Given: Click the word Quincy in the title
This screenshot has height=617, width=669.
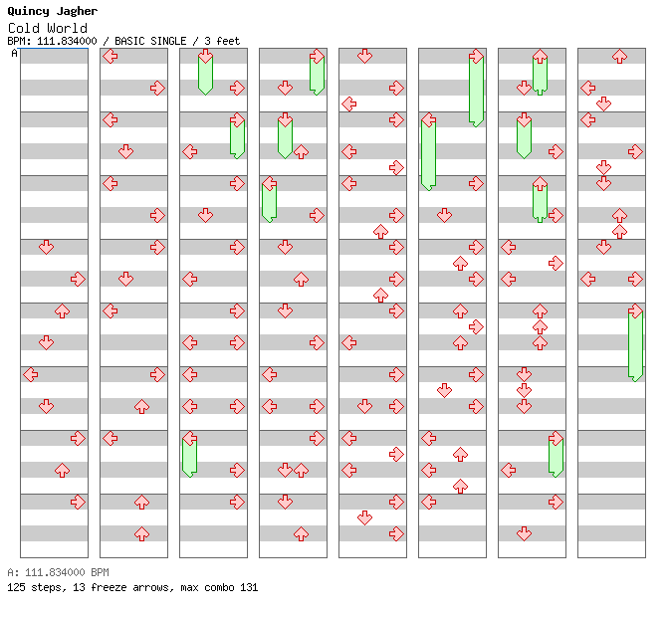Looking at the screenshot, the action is coord(28,11).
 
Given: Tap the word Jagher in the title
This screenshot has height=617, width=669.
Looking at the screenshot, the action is coord(77,11).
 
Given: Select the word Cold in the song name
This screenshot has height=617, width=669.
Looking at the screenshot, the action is coord(24,28).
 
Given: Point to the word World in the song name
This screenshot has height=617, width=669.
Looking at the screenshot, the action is coord(68,28).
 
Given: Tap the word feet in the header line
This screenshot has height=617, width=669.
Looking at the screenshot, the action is coord(228,41).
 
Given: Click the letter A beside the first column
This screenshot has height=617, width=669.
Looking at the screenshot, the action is coord(15,54).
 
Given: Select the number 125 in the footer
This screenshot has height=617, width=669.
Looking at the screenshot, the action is coord(16,587).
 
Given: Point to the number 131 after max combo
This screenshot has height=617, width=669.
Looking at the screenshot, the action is coord(249,587).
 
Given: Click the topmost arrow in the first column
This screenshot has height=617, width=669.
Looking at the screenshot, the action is coord(46,247).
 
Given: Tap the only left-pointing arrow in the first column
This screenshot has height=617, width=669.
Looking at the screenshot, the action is coord(30,375).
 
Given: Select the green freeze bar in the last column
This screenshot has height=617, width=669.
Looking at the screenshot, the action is coord(635,345).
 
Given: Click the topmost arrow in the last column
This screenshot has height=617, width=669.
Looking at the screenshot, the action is coord(619,56).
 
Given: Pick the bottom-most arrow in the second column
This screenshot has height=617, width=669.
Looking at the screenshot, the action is coord(141,533).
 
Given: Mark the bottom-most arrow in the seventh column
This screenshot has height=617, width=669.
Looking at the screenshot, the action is coord(524,533).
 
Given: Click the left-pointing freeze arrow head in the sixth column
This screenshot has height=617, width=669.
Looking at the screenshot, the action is coord(428,119).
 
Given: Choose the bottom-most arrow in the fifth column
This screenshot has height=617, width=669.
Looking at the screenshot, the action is coord(396,533).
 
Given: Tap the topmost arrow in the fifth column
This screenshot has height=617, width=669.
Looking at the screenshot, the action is coord(364,56).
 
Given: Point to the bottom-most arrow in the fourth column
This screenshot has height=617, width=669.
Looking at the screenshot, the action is coord(301,533).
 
